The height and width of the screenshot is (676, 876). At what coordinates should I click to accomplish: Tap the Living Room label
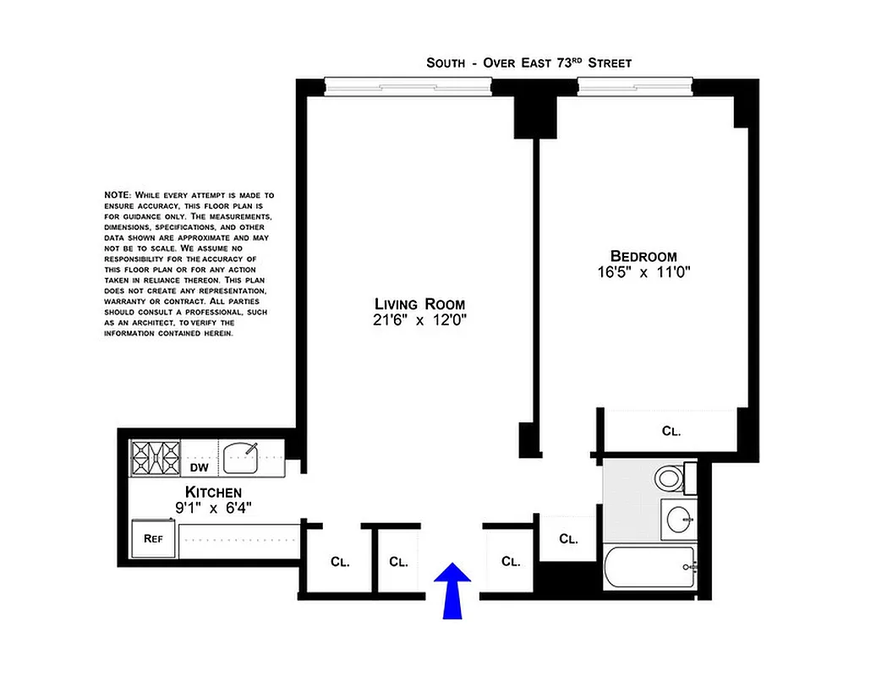[420, 304]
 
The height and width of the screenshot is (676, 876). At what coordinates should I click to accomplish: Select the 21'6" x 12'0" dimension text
[420, 320]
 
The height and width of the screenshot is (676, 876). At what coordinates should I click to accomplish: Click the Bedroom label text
[643, 256]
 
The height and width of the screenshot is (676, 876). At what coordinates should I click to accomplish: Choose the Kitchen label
[213, 493]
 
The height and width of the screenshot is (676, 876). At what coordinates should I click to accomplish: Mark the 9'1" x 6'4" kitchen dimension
[213, 508]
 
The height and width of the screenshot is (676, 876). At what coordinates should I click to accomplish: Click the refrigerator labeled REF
[152, 538]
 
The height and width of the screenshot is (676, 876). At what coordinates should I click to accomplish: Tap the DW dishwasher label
[199, 466]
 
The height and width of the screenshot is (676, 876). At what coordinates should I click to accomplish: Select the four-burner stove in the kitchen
[155, 458]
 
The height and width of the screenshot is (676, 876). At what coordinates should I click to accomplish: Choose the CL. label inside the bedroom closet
[671, 431]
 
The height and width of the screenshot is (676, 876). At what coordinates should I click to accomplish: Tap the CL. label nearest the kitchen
[340, 561]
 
